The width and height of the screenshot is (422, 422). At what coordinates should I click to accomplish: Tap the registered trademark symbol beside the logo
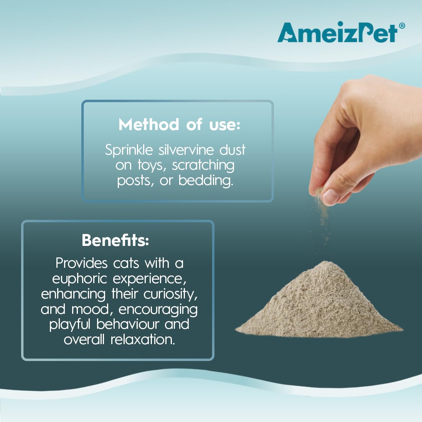(x=401, y=26)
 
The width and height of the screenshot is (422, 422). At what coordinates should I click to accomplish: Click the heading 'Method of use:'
(x=179, y=125)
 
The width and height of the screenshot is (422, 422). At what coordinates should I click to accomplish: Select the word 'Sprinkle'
(x=129, y=150)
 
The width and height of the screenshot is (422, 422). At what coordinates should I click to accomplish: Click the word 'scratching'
(x=203, y=165)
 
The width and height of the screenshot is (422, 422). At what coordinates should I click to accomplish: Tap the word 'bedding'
(x=205, y=181)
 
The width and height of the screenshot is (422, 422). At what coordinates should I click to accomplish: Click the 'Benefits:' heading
(x=115, y=240)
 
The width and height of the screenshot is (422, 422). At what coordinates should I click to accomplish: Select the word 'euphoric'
(x=80, y=279)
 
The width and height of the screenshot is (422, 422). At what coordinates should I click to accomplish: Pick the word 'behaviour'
(x=128, y=324)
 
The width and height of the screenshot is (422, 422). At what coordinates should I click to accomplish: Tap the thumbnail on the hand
(x=330, y=196)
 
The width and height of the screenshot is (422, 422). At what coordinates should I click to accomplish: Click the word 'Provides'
(x=82, y=263)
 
